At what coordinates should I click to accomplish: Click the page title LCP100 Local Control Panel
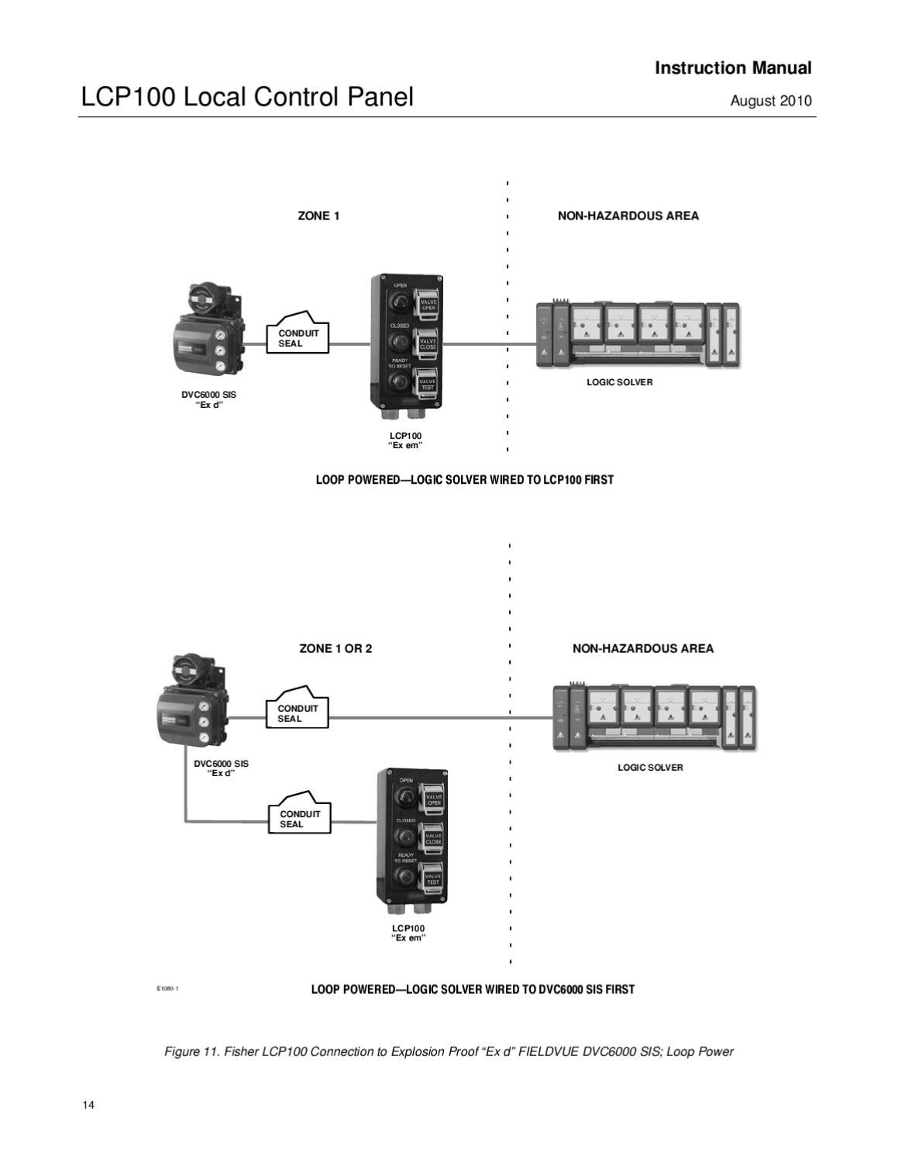247,98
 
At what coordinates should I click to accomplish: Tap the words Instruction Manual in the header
733,68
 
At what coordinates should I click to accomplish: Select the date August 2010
771,102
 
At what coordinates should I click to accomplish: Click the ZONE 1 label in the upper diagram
318,216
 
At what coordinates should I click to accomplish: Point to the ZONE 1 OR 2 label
335,649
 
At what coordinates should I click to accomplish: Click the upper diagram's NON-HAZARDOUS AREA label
628,216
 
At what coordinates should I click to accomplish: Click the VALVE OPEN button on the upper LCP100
428,303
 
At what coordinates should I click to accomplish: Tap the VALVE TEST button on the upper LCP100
428,383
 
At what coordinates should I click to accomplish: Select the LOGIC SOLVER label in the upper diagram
619,382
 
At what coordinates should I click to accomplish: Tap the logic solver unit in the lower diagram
654,717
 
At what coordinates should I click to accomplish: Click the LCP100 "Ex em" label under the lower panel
408,933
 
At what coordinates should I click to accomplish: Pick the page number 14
88,1105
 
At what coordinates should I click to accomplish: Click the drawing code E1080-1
167,989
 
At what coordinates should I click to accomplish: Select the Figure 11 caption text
449,1052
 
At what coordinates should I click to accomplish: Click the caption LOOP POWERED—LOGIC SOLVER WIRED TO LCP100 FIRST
464,480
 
